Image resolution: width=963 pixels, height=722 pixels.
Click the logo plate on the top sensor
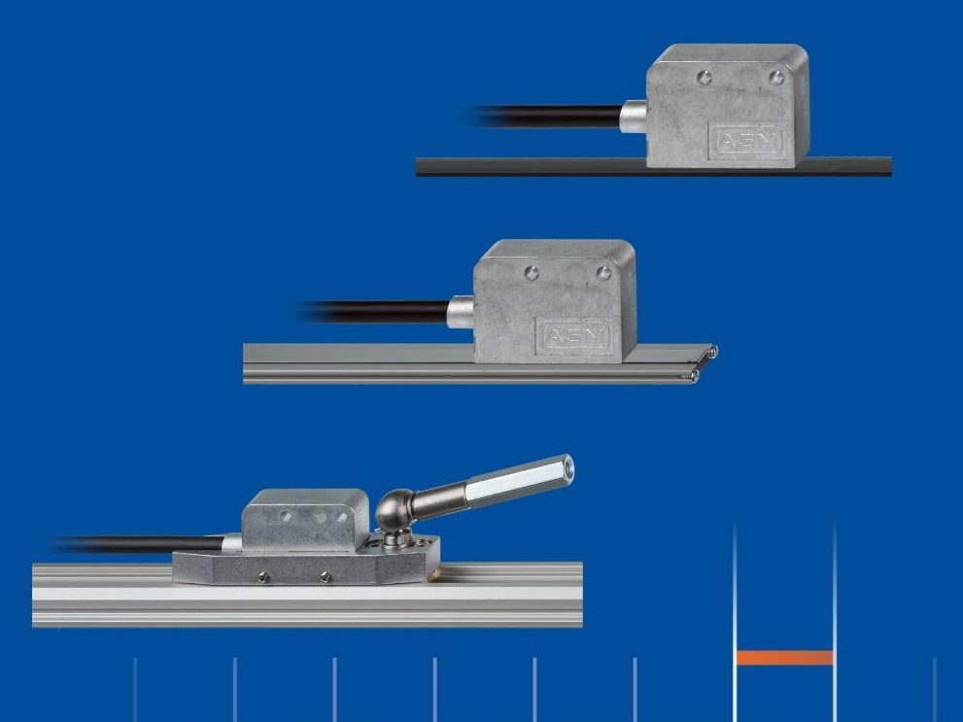click(750, 142)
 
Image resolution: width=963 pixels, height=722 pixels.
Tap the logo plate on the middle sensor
click(576, 335)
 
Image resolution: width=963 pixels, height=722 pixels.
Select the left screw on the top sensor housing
click(705, 78)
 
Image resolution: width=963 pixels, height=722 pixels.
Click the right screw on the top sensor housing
click(775, 77)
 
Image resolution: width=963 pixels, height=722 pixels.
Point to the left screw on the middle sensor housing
click(532, 273)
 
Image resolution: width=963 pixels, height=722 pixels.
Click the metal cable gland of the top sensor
click(634, 117)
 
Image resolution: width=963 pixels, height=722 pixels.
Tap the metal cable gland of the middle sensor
click(461, 312)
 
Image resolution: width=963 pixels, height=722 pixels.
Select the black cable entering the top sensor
click(554, 117)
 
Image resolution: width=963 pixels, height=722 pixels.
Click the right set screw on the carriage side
click(327, 577)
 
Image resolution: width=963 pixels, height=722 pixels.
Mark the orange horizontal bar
click(784, 658)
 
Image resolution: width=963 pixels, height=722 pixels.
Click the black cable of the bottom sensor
click(146, 544)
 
